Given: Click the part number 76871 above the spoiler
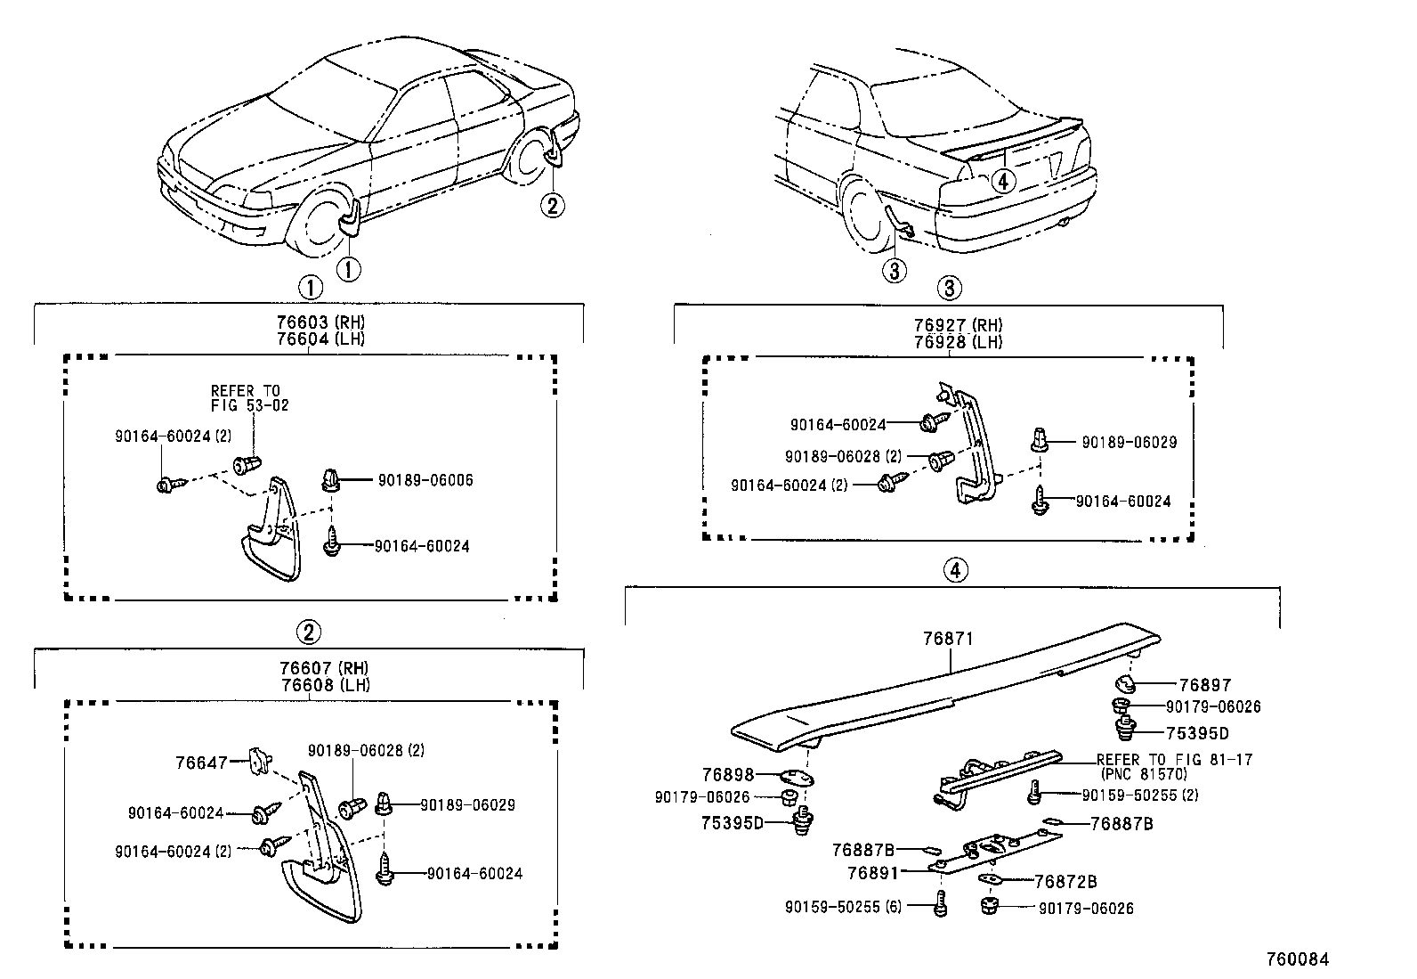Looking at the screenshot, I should (x=948, y=639).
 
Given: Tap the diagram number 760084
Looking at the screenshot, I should (x=1297, y=959).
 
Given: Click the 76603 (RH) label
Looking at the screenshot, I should (x=308, y=323).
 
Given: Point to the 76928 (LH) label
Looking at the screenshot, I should (x=950, y=341).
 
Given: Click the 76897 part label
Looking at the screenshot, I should (x=1204, y=685).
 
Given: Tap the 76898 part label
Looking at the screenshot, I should (x=727, y=775).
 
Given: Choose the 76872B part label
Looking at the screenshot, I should (x=1065, y=882).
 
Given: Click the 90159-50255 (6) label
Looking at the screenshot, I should (x=843, y=907).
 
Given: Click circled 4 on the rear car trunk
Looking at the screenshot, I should (x=1003, y=181).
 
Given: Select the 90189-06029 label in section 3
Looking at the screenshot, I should (x=1129, y=442).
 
